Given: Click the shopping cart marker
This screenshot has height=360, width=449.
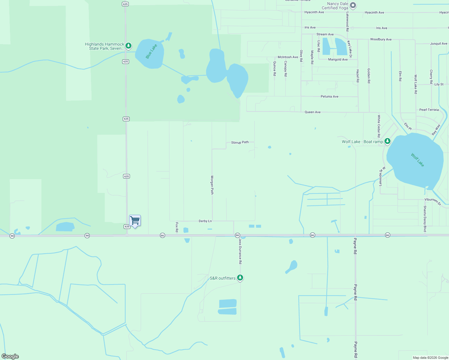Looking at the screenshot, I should [x=135, y=221].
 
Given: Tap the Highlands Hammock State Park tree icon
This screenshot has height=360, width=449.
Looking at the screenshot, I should [x=128, y=46].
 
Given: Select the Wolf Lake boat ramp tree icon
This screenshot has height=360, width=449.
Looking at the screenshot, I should [x=387, y=141].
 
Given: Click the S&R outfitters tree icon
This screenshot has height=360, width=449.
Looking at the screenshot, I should [x=240, y=277].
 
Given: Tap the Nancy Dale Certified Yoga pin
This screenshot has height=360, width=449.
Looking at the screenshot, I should [x=353, y=5].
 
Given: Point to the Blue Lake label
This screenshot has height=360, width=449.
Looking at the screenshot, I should [x=151, y=51].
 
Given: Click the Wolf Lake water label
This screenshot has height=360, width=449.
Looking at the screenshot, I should [x=417, y=160].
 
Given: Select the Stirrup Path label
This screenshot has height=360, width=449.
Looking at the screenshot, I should [x=240, y=142].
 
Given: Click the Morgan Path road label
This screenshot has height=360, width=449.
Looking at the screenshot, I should [x=212, y=185].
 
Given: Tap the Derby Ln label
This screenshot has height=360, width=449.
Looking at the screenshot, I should [x=205, y=221].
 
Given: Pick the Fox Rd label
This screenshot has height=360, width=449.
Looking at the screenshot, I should [x=177, y=227].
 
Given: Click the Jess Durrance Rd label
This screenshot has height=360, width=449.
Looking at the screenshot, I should [x=240, y=251].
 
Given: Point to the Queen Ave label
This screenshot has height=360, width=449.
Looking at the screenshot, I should [x=312, y=112].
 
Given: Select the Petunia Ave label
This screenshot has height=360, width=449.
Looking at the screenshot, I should [x=329, y=97].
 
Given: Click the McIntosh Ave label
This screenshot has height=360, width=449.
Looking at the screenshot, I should [x=288, y=57].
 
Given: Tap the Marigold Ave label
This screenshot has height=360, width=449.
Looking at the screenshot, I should [x=338, y=59].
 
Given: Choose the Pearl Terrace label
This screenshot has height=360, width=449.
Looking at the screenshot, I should [x=429, y=110].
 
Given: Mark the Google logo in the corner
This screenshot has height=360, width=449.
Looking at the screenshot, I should [x=10, y=356].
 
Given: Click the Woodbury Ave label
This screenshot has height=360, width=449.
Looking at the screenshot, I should [x=381, y=39].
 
